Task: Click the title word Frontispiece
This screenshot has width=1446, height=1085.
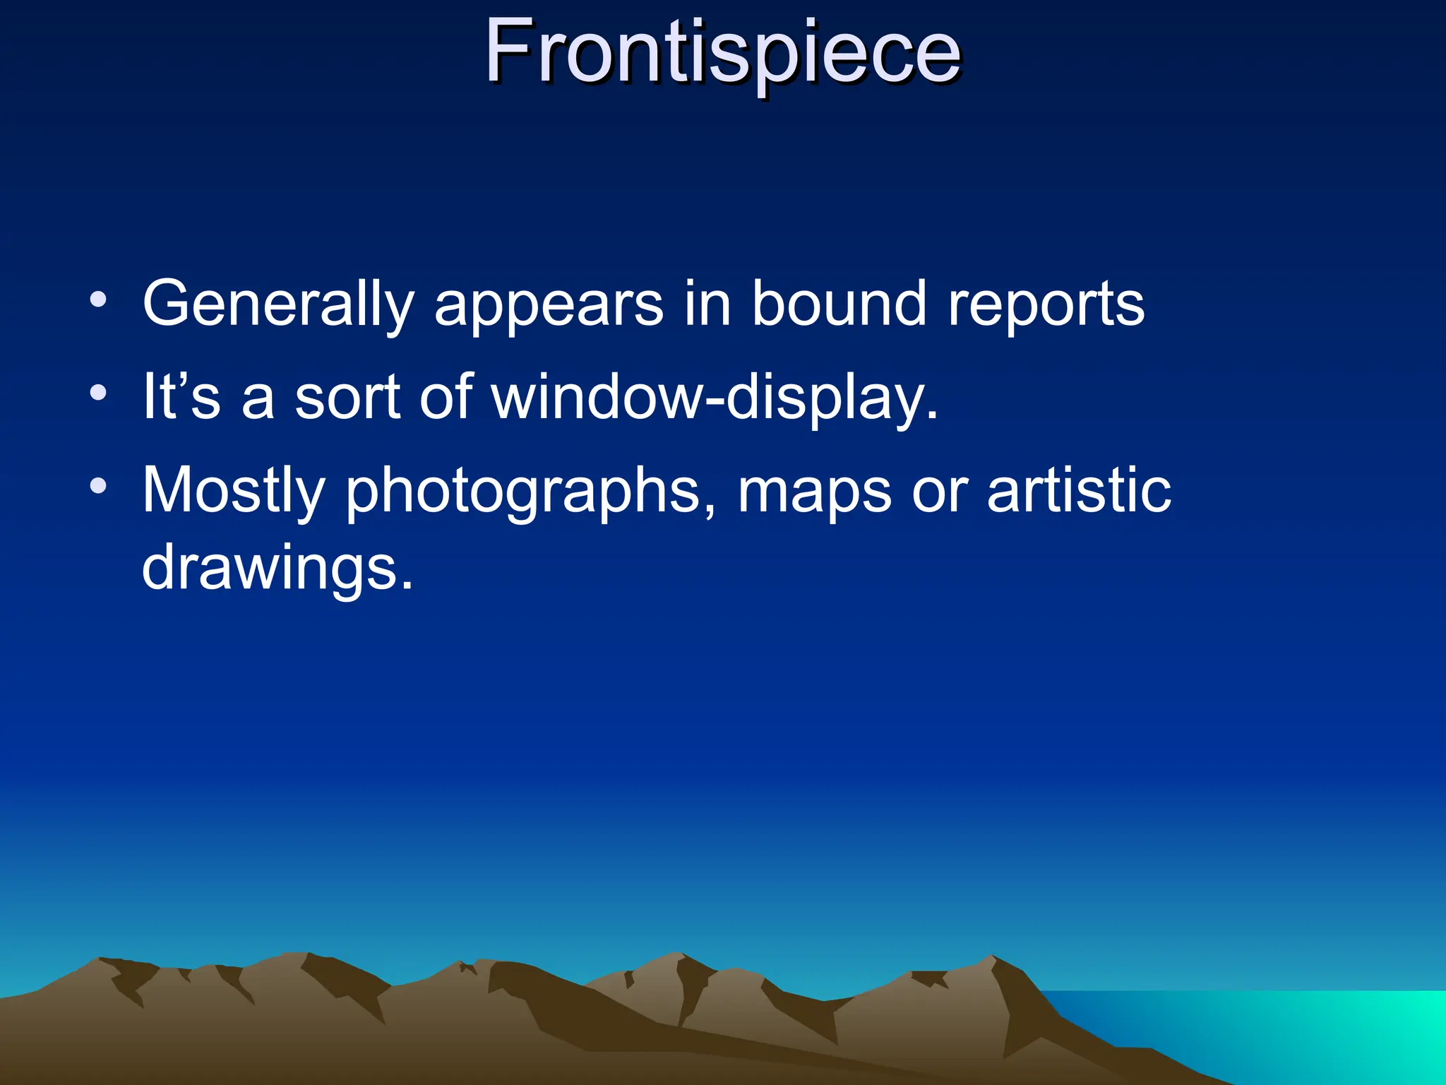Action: pyautogui.click(x=722, y=53)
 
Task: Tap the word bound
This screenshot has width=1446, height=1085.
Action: pyautogui.click(x=838, y=304)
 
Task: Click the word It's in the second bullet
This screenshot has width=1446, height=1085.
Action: pyautogui.click(x=181, y=396)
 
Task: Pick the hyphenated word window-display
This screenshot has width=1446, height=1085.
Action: pyautogui.click(x=715, y=398)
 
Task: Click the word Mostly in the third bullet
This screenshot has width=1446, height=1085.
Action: pyautogui.click(x=234, y=491)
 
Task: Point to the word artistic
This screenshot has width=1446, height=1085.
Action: pyautogui.click(x=1079, y=490)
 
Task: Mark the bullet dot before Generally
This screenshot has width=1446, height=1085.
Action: pyautogui.click(x=99, y=300)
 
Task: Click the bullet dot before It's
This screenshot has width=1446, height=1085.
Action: pyautogui.click(x=99, y=393)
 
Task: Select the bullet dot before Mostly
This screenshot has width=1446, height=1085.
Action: pyautogui.click(x=99, y=486)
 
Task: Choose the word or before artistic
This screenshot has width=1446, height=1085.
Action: pyautogui.click(x=939, y=491)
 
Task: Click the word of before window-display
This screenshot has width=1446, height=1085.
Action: pyautogui.click(x=446, y=396)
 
